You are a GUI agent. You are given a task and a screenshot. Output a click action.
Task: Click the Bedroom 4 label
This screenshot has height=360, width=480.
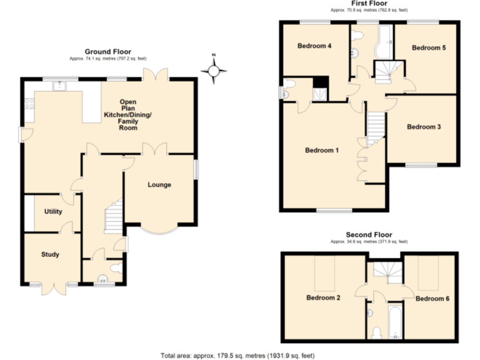pos(314,46)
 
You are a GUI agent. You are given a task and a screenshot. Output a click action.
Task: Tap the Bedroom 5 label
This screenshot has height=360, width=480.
pos(428,47)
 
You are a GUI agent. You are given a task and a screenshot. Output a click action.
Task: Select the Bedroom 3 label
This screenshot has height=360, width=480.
pos(424,127)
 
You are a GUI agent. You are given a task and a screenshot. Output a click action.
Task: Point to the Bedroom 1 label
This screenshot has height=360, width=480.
pos(321,150)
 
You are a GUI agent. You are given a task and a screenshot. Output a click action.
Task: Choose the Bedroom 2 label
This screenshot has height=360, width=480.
pos(322,298)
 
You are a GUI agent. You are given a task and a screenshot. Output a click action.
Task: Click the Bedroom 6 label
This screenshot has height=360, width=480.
pos(432,298)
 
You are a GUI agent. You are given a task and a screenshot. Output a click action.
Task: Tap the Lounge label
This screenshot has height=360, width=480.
pos(159,184)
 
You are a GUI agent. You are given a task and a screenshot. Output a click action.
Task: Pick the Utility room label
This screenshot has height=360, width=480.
pos(53,212)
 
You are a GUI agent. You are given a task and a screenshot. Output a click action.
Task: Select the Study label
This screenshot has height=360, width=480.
pos(50,254)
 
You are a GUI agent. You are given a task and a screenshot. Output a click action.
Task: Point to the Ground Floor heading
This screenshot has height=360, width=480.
pos(107,52)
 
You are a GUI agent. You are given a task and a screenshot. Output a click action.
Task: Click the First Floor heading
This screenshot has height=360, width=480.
pos(369,4)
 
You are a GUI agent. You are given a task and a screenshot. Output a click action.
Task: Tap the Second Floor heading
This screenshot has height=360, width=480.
pos(368,235)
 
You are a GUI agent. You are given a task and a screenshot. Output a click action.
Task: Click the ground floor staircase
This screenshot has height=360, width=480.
pos(113,216)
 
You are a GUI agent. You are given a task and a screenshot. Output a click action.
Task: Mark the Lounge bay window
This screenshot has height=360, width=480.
pos(159,229)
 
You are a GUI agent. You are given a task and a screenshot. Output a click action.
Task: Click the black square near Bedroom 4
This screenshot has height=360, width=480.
pos(321,82)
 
